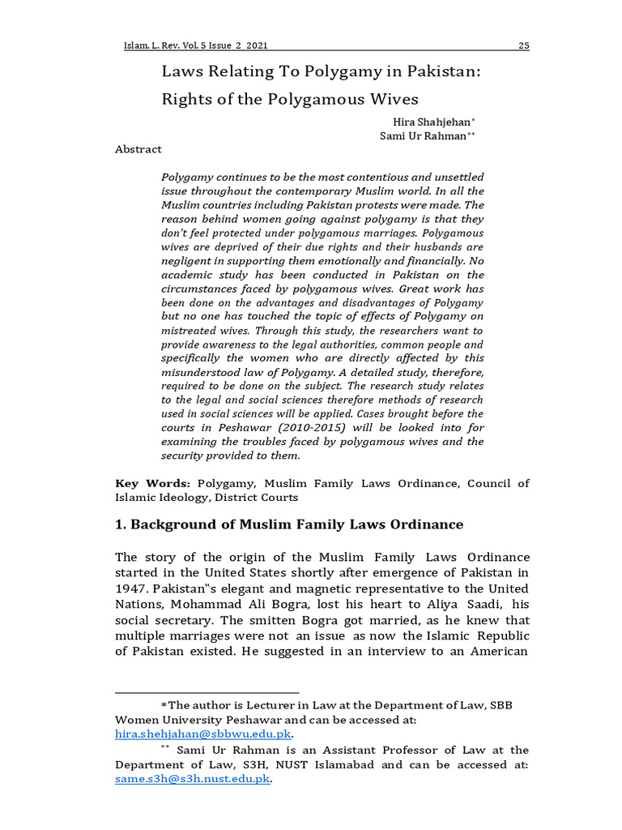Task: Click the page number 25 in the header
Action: tap(523, 45)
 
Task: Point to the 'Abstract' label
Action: tap(138, 149)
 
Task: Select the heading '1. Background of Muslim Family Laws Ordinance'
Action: tap(289, 524)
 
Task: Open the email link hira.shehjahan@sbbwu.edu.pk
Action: tap(202, 734)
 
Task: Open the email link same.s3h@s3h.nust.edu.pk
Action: tap(192, 779)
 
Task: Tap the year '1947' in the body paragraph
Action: tap(132, 588)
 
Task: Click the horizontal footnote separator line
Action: tap(207, 693)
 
